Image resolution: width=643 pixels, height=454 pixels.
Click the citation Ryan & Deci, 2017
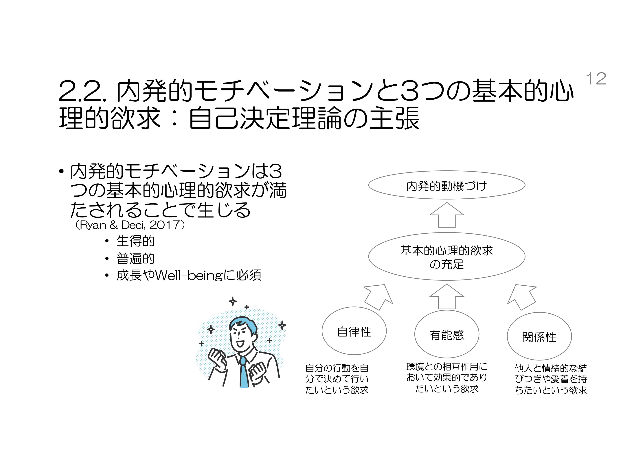click(x=130, y=225)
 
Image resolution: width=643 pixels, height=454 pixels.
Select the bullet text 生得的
click(x=135, y=241)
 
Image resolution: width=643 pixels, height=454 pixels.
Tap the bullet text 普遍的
click(x=135, y=258)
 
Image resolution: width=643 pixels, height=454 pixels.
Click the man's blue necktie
click(x=244, y=373)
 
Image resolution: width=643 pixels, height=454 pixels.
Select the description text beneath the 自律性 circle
click(x=337, y=379)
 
